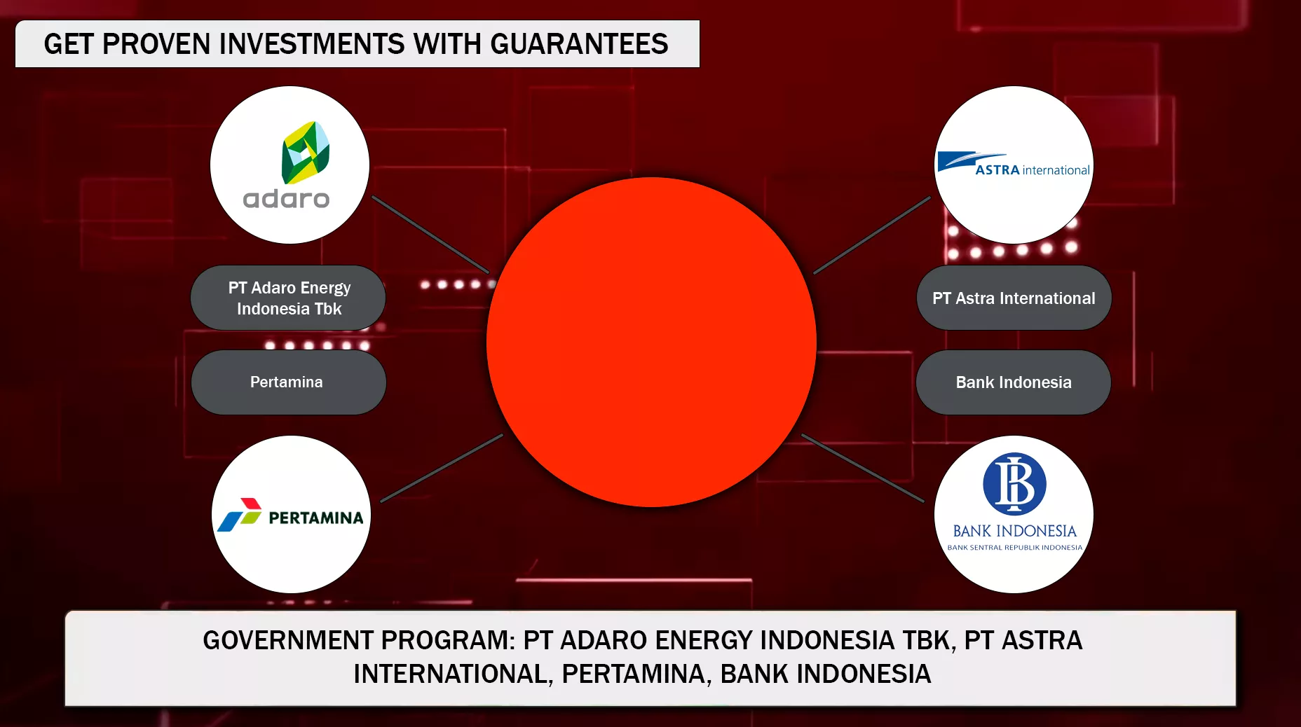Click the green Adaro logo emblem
pyautogui.click(x=306, y=153)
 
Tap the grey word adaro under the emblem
pyautogui.click(x=286, y=199)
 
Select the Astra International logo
pyautogui.click(x=1014, y=165)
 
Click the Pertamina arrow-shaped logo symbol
pyautogui.click(x=239, y=515)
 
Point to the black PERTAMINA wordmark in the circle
pyautogui.click(x=316, y=518)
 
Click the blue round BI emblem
pyautogui.click(x=1014, y=484)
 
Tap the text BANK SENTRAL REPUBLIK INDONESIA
pyautogui.click(x=1014, y=548)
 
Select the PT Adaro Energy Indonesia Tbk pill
pyautogui.click(x=288, y=298)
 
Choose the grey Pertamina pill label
pyautogui.click(x=288, y=382)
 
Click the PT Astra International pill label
pyautogui.click(x=1014, y=298)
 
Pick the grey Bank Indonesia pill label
pyautogui.click(x=1014, y=382)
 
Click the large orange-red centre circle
pyautogui.click(x=651, y=342)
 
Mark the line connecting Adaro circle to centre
pyautogui.click(x=430, y=234)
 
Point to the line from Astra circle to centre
pyautogui.click(x=872, y=235)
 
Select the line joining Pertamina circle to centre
pyautogui.click(x=442, y=468)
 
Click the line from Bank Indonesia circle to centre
pyautogui.click(x=863, y=468)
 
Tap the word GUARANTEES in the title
pyautogui.click(x=579, y=44)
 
